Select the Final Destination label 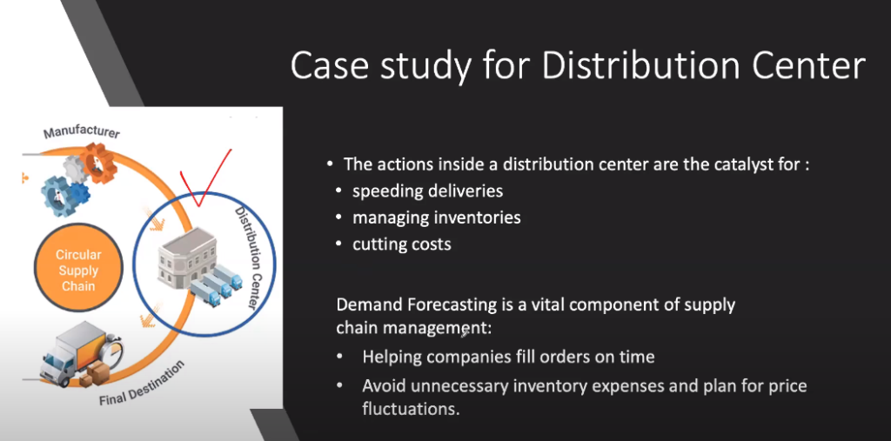pyautogui.click(x=143, y=384)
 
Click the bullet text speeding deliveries pyautogui.click(x=427, y=190)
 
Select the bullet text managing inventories pyautogui.click(x=437, y=217)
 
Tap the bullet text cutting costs pyautogui.click(x=402, y=244)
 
